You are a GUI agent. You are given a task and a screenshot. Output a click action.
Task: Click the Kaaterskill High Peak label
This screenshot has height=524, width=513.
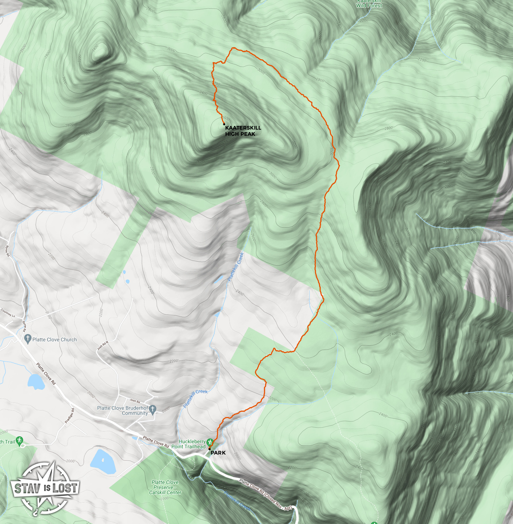pyautogui.click(x=243, y=131)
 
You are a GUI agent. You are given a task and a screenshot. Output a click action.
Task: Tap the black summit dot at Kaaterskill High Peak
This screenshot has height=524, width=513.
pyautogui.click(x=224, y=124)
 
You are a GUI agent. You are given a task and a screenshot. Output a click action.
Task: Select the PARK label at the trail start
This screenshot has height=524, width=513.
pyautogui.click(x=218, y=453)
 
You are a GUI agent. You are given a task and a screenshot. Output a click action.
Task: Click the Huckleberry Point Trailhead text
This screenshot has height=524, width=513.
pyautogui.click(x=189, y=444)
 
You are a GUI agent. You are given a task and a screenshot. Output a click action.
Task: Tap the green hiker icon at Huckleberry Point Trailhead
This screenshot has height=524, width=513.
pyautogui.click(x=210, y=442)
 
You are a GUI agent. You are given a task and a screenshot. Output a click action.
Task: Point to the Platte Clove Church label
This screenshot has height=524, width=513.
pyautogui.click(x=55, y=340)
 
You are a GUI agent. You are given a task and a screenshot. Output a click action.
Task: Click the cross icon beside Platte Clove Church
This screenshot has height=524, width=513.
pyautogui.click(x=27, y=339)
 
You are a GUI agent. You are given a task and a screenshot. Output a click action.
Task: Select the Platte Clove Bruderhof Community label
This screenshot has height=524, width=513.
pyautogui.click(x=123, y=410)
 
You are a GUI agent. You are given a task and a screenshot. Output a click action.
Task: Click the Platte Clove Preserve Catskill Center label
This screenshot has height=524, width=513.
pyautogui.click(x=165, y=487)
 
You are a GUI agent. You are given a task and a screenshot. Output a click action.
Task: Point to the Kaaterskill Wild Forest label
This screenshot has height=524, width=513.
pyautogui.click(x=369, y=4)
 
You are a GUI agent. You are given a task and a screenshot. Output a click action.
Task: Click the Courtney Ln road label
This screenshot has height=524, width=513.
pyautogui.click(x=8, y=313)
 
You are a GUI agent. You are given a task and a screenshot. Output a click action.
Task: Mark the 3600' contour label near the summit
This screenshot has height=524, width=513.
pyautogui.click(x=226, y=119)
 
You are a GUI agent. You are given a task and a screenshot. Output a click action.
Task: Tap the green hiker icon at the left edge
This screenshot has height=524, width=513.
pyautogui.click(x=20, y=441)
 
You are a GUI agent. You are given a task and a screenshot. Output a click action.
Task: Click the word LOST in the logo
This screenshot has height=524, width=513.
pyautogui.click(x=65, y=488)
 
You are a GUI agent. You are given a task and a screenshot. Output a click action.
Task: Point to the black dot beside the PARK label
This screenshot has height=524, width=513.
pyautogui.click(x=209, y=449)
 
